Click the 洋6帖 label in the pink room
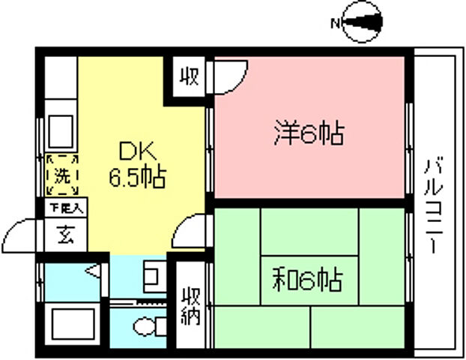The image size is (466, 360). tap(307, 135)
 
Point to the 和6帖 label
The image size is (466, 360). tap(307, 281)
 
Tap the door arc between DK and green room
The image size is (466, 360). tap(193, 228)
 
